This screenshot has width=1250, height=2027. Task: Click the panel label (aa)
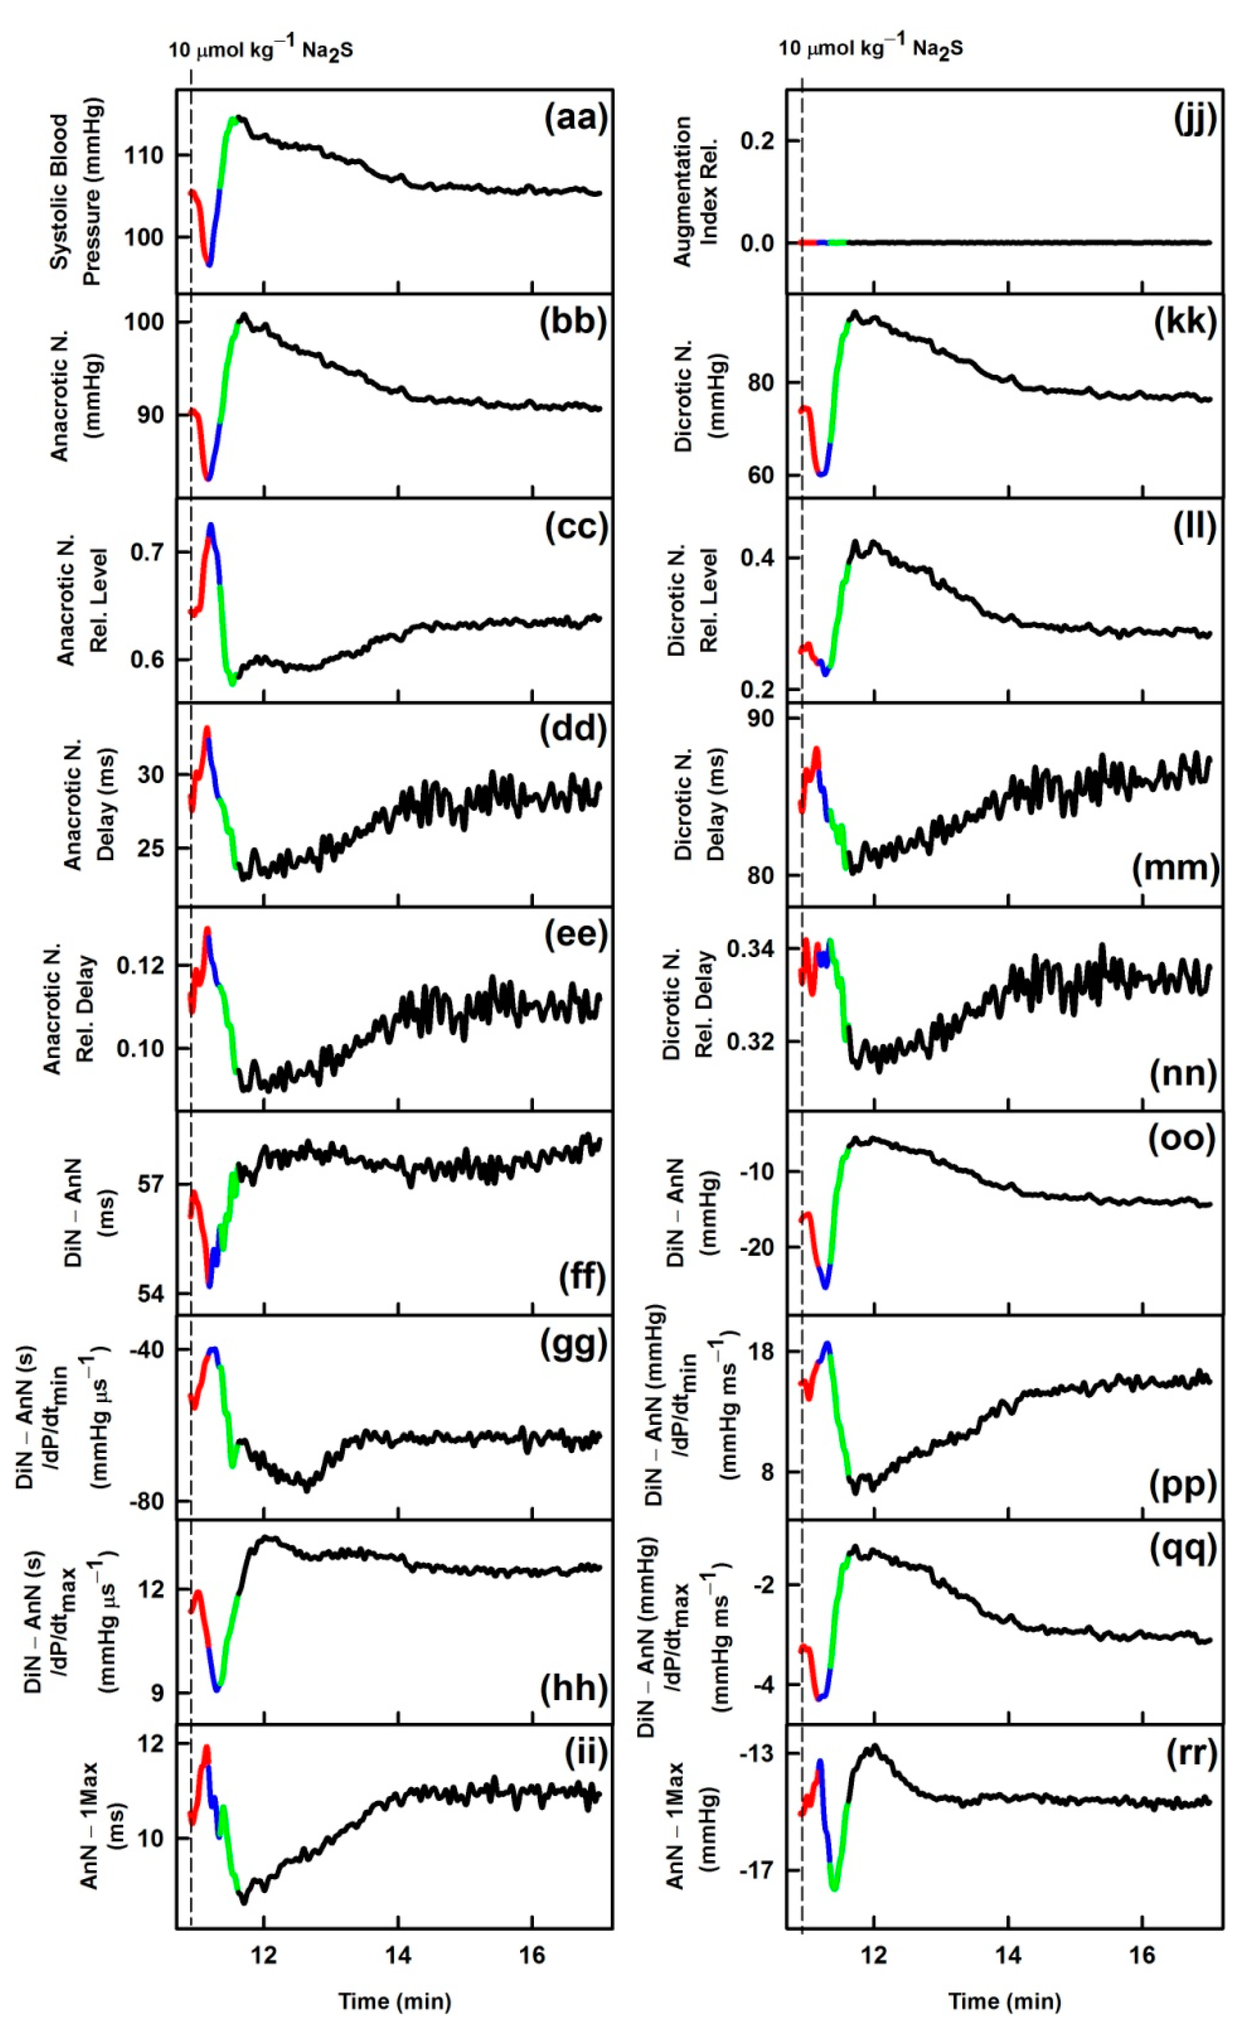coord(576,118)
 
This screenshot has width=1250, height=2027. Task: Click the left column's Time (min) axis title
coord(394,2002)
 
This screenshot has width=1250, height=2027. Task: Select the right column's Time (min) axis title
coord(1004,2002)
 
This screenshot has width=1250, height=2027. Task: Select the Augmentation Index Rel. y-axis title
coord(694,192)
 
